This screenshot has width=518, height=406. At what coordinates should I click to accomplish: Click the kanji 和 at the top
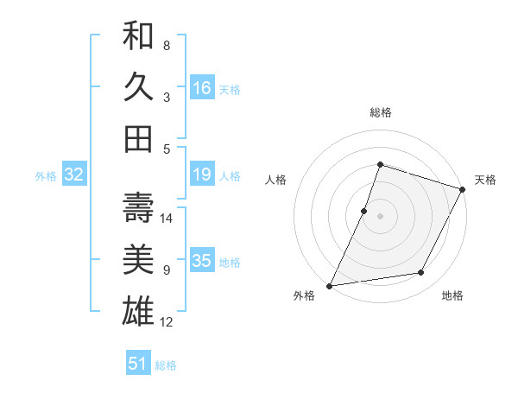(138, 37)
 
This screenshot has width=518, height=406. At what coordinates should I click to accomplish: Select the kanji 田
(138, 138)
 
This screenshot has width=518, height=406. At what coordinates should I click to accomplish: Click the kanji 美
(138, 259)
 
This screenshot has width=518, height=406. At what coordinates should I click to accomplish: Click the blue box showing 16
(201, 88)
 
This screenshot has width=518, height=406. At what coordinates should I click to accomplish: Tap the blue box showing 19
(201, 175)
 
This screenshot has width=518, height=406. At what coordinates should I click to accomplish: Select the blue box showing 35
(201, 262)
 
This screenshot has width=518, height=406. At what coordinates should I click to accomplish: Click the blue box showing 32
(74, 175)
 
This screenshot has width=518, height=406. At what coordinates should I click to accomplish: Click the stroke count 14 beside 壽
(167, 219)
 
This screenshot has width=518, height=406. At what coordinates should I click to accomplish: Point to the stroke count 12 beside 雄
(167, 322)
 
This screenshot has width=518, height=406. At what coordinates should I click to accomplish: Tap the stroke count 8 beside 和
(167, 45)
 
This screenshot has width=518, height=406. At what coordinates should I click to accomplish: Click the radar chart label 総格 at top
(380, 113)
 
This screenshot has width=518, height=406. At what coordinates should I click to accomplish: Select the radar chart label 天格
(485, 180)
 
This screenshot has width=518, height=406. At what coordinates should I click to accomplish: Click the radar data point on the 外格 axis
(329, 286)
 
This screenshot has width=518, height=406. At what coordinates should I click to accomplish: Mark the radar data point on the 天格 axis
(464, 189)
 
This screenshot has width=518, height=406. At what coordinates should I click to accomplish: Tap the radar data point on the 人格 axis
(364, 211)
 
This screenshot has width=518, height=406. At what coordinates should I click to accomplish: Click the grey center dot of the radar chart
(380, 216)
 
